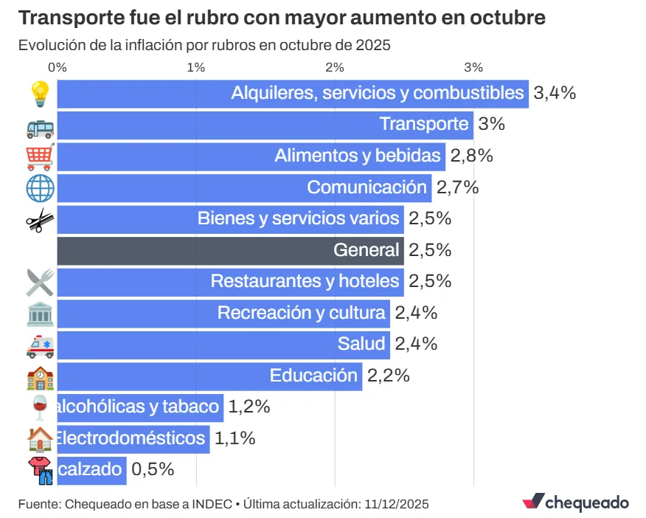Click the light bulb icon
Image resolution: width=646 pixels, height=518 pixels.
(39, 94)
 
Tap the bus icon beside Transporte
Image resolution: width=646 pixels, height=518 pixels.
(40, 126)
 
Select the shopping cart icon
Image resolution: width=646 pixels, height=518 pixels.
(40, 157)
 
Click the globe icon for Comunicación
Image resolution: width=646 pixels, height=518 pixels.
(40, 188)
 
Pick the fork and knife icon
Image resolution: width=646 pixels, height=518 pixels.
(40, 282)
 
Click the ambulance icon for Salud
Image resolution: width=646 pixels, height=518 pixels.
(40, 345)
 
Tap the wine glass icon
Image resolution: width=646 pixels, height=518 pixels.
(40, 407)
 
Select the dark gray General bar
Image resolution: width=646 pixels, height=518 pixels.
(230, 250)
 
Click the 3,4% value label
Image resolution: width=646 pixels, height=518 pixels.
(554, 93)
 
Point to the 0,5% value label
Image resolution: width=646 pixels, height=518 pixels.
(152, 469)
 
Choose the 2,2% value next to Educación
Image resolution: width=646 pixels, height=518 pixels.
(388, 376)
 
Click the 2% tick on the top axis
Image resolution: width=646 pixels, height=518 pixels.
(335, 67)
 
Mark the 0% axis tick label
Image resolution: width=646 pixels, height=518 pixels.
(58, 67)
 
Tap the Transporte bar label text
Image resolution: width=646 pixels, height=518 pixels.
(423, 124)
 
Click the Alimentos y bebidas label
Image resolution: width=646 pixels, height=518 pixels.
(358, 156)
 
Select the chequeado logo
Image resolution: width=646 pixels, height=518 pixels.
(575, 502)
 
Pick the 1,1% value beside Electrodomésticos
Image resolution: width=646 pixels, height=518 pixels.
(235, 438)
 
